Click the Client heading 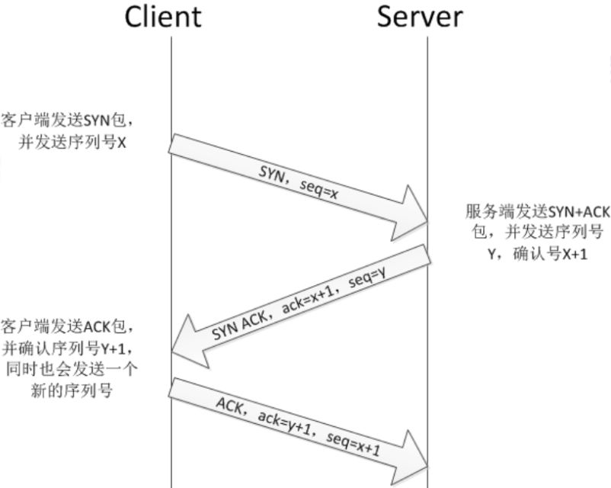pyautogui.click(x=163, y=17)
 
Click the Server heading pyautogui.click(x=420, y=17)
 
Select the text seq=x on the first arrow pyautogui.click(x=318, y=190)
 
